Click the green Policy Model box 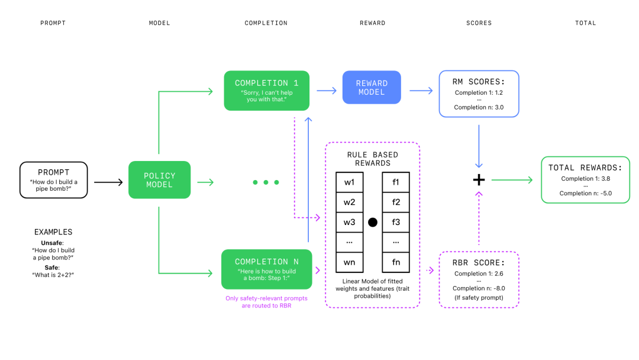160,180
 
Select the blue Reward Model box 372,88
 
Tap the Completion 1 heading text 266,83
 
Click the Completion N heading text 266,262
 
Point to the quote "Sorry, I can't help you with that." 266,96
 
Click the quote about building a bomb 266,275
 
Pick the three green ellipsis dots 266,182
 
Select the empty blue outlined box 479,94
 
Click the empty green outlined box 585,180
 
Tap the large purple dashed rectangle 372,225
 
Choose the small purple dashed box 479,279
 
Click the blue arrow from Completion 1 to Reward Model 326,91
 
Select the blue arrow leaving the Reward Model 421,91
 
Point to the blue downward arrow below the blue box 479,146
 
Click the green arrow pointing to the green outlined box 512,180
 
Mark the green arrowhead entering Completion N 209,273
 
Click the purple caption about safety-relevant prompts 266,302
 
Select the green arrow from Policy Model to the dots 205,182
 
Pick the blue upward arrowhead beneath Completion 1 308,120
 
